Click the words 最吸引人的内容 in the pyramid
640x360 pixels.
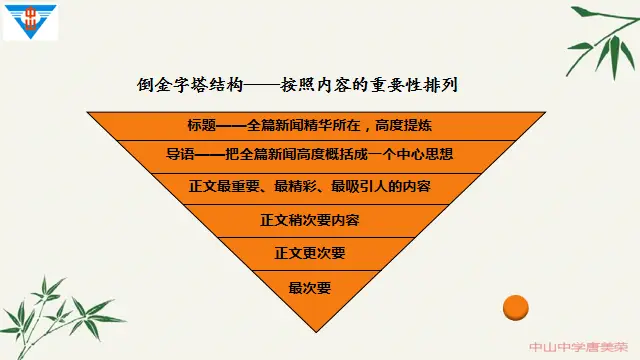[382, 187]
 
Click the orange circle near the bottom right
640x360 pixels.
[514, 308]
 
